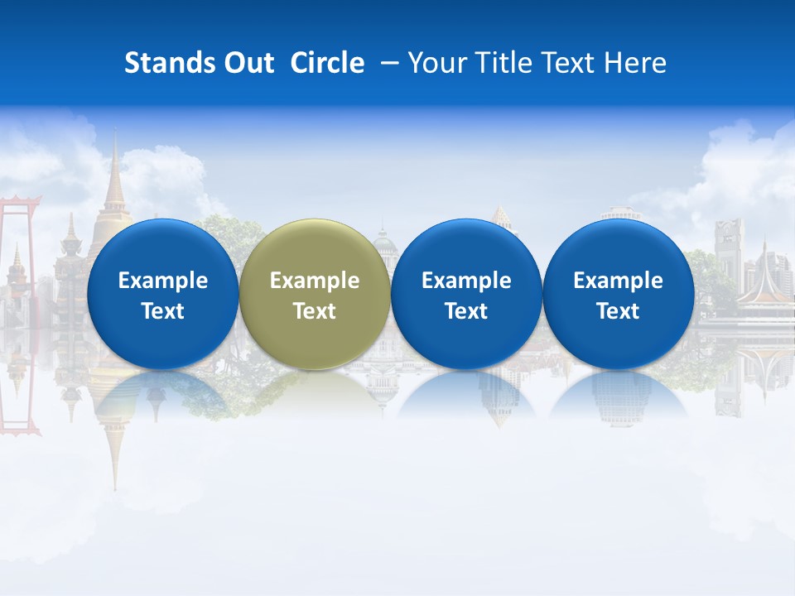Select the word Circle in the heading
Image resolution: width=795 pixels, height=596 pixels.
tap(327, 63)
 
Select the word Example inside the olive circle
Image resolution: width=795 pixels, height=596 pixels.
tap(315, 281)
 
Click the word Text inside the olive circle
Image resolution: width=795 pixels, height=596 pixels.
tap(315, 311)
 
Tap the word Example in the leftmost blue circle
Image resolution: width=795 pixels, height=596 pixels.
tap(162, 281)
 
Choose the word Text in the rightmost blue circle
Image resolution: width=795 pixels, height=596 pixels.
tap(618, 311)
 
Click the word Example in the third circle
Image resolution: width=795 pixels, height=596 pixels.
tap(466, 281)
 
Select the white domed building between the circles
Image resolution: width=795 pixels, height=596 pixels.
tap(386, 248)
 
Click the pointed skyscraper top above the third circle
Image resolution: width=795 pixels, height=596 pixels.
tap(502, 213)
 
